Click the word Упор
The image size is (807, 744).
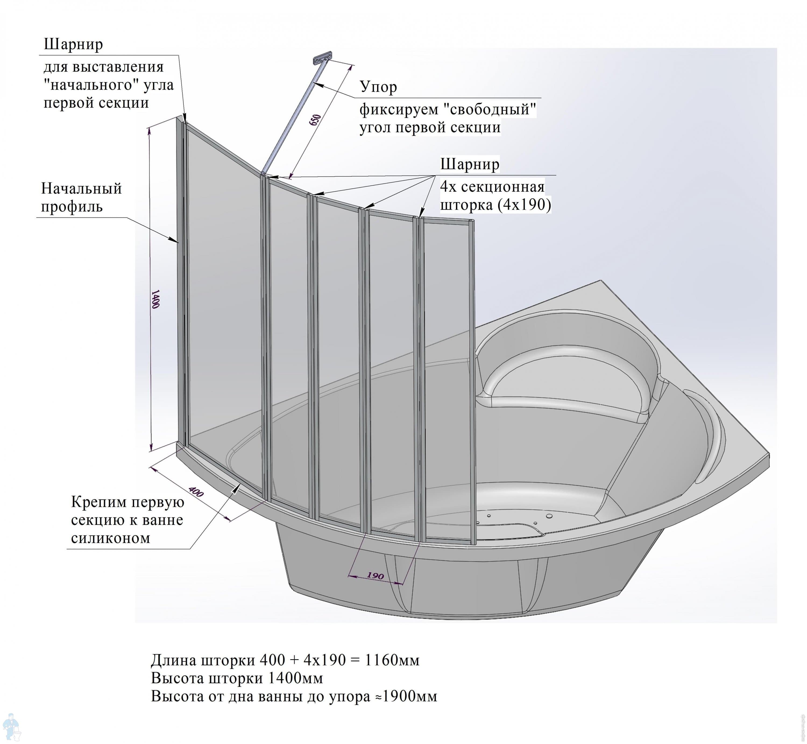[x=378, y=87]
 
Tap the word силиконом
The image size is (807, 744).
[x=111, y=538]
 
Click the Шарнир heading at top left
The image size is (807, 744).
[x=73, y=44]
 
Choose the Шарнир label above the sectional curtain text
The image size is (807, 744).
[x=469, y=164]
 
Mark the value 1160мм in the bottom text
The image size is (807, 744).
[x=392, y=660]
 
